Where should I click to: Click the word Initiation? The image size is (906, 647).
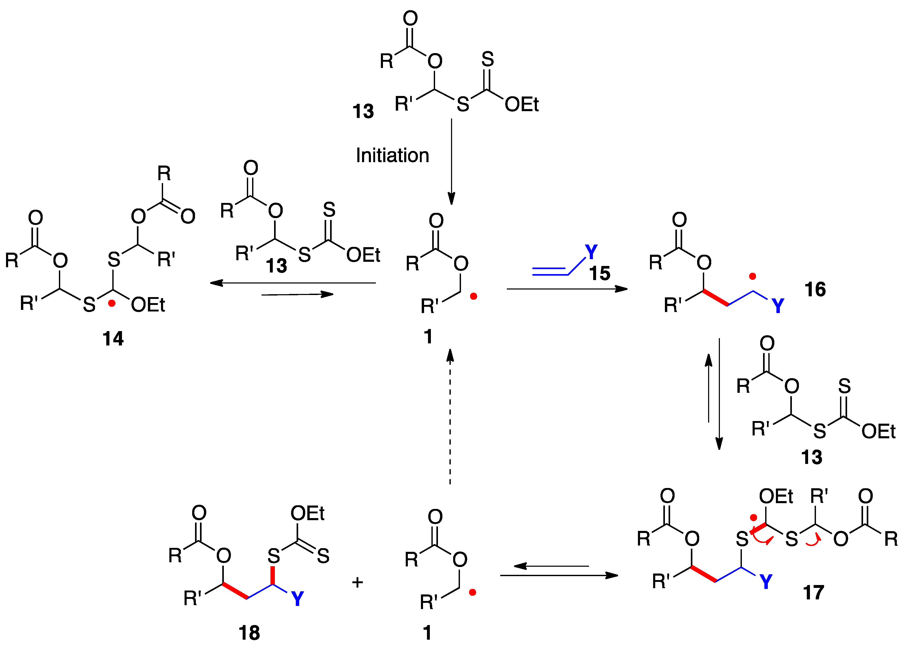tap(392, 155)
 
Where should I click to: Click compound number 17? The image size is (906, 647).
tap(814, 592)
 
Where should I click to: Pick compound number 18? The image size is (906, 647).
tap(249, 633)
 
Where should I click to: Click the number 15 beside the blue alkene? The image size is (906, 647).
tap(599, 273)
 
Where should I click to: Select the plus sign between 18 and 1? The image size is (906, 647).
tap(357, 582)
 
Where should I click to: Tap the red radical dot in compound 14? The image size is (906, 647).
tap(112, 304)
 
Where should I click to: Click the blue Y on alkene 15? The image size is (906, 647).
tap(591, 251)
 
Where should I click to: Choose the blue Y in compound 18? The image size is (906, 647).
tap(297, 598)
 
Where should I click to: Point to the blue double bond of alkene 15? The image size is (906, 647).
tap(550, 271)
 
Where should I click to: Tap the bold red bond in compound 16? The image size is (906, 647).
tap(716, 298)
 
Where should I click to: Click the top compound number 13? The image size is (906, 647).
tap(363, 111)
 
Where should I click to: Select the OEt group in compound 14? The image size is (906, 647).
tap(148, 305)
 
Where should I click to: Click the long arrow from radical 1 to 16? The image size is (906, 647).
tap(566, 289)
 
